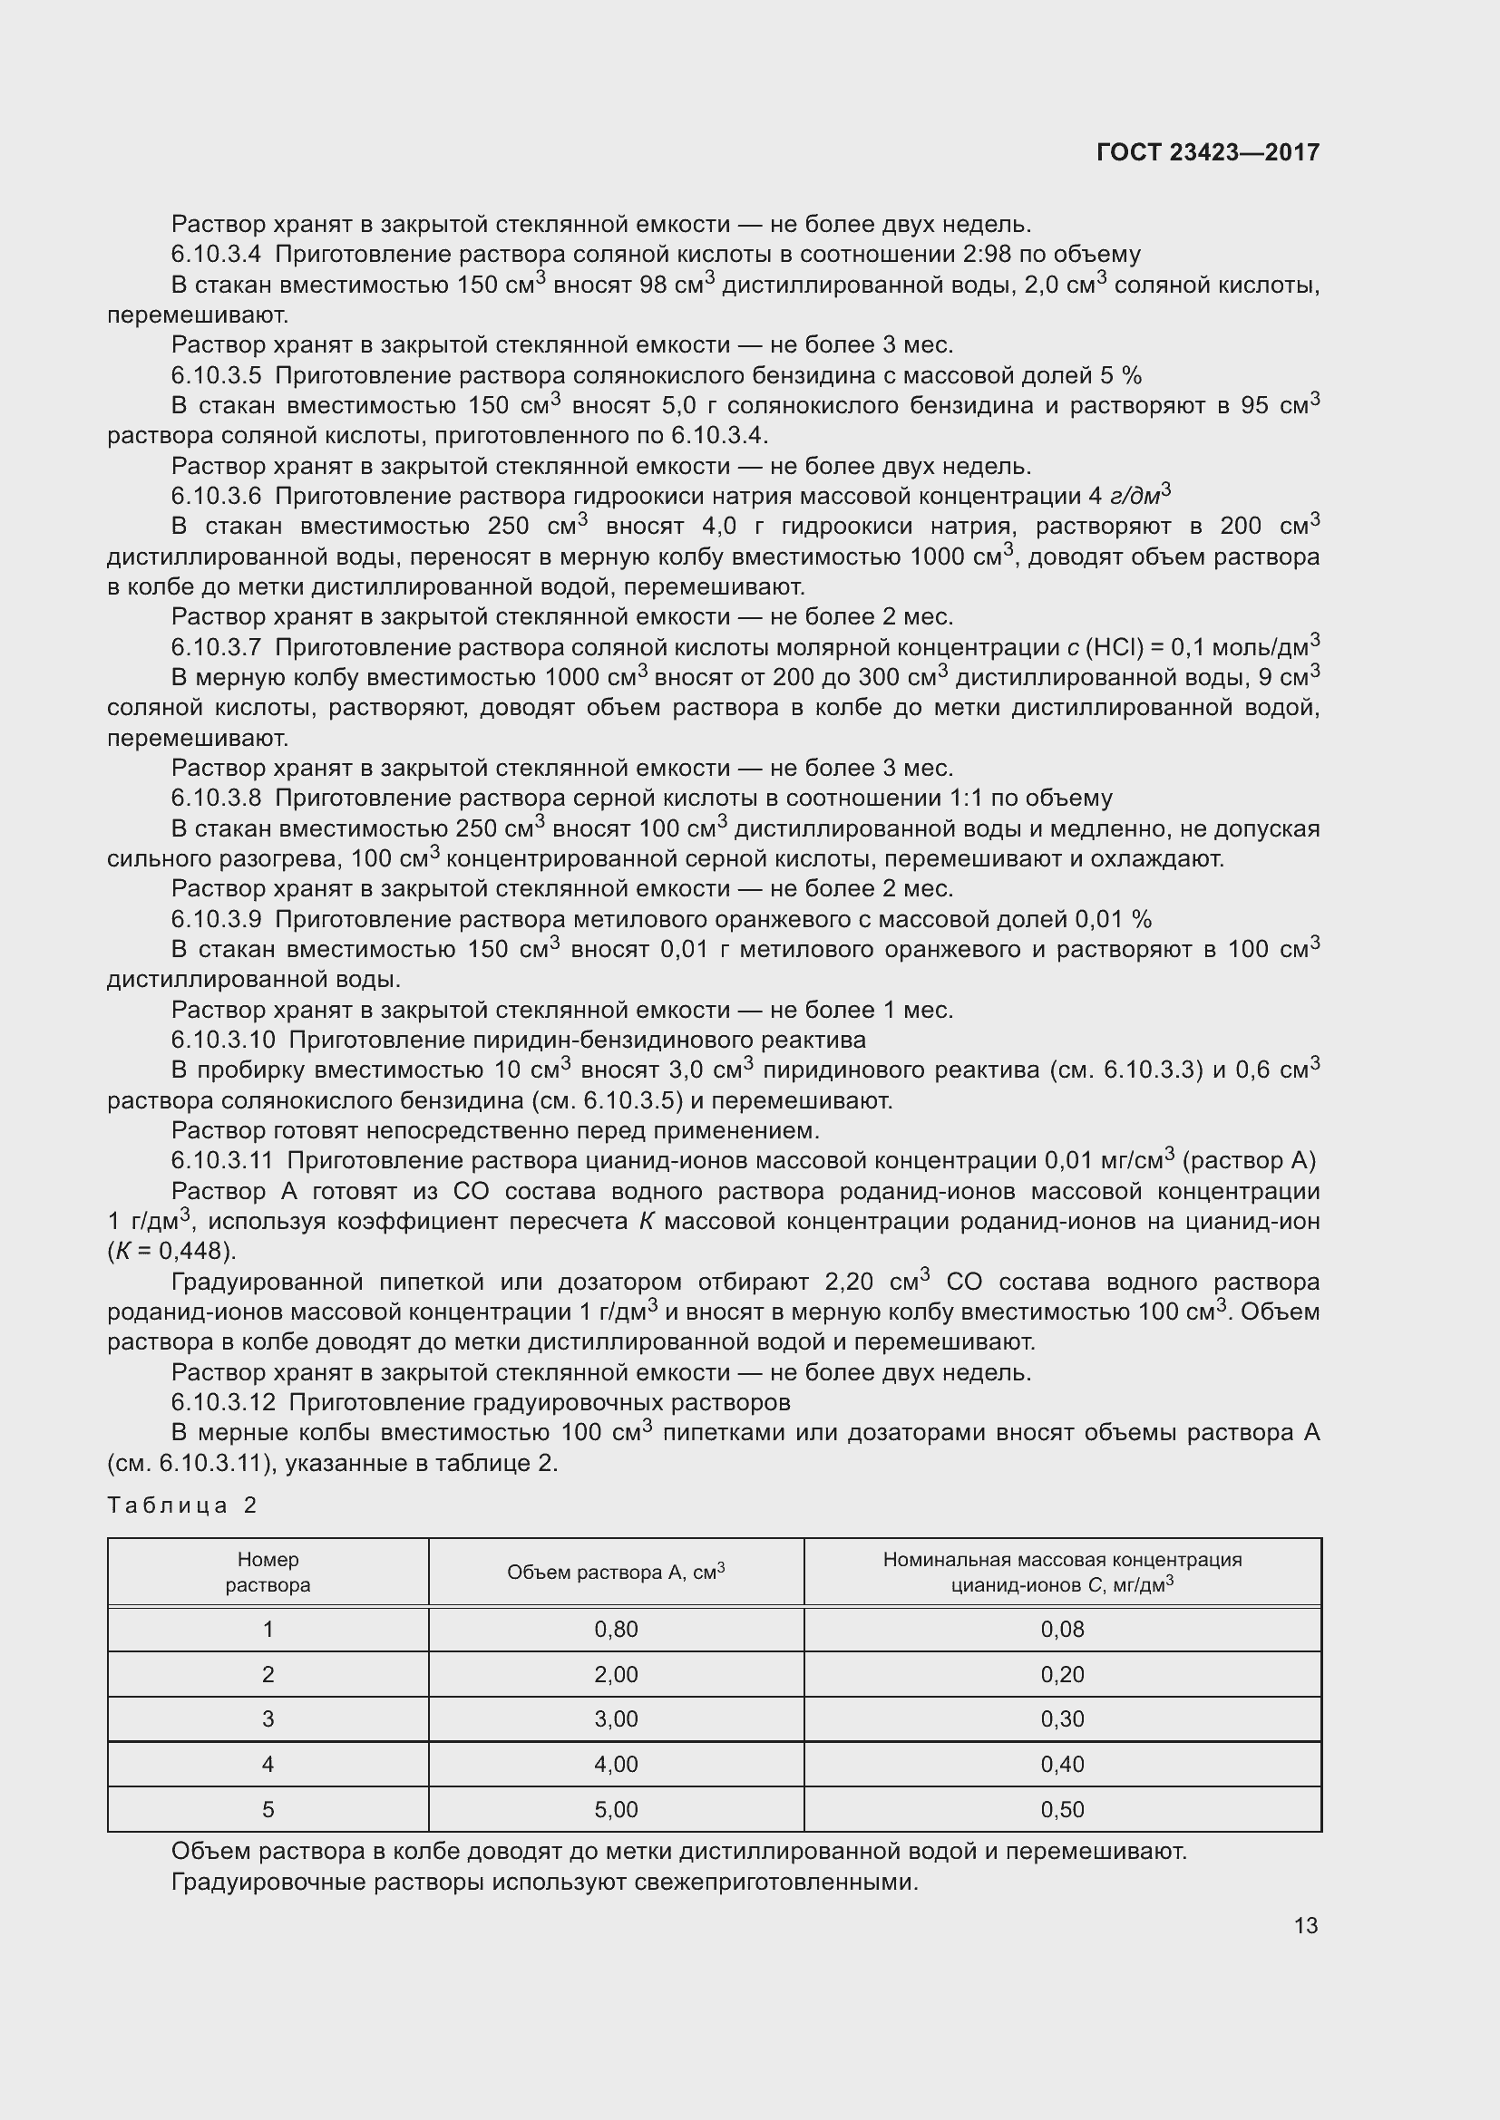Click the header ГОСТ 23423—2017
click(1207, 152)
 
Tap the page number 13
click(1305, 1925)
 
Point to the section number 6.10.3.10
click(223, 1040)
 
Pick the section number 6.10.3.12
click(223, 1402)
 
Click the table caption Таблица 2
click(181, 1505)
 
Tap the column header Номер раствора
click(268, 1572)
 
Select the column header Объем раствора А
click(615, 1572)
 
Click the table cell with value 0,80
click(616, 1629)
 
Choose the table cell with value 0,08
click(1062, 1629)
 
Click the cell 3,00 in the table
click(616, 1718)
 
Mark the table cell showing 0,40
click(1062, 1764)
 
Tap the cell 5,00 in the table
click(616, 1809)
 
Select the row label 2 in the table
click(268, 1674)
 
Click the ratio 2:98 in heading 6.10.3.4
click(943, 254)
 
